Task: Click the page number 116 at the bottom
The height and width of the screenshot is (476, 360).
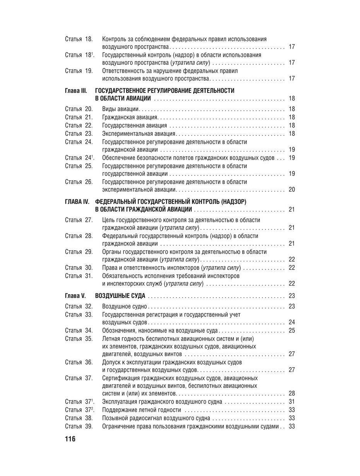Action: pyautogui.click(x=70, y=439)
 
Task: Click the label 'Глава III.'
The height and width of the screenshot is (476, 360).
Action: pyautogui.click(x=76, y=91)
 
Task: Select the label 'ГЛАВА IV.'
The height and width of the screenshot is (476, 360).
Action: pyautogui.click(x=77, y=202)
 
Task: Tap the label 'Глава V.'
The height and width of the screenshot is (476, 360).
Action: pyautogui.click(x=75, y=296)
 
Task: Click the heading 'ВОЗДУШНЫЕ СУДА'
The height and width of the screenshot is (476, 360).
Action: pyautogui.click(x=120, y=296)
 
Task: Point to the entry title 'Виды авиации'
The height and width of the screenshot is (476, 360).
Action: pyautogui.click(x=120, y=109)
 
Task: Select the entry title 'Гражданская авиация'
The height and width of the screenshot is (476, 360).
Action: pyautogui.click(x=130, y=117)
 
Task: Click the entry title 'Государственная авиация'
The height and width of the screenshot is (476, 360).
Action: pyautogui.click(x=134, y=125)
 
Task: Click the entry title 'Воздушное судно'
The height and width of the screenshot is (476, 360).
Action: pyautogui.click(x=124, y=306)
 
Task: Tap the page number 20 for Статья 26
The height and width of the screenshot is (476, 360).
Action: pyautogui.click(x=292, y=190)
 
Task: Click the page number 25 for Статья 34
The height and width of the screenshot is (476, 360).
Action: pyautogui.click(x=292, y=331)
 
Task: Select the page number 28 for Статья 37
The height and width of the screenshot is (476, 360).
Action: pyautogui.click(x=292, y=394)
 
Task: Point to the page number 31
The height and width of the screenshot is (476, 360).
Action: pyautogui.click(x=292, y=402)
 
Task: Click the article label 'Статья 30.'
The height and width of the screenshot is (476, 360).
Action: pyautogui.click(x=79, y=268)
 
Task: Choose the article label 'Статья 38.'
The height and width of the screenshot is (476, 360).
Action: pyautogui.click(x=79, y=418)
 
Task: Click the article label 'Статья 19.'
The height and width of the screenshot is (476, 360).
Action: pyautogui.click(x=79, y=71)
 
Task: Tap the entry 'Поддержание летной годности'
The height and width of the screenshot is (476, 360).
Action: pyautogui.click(x=141, y=410)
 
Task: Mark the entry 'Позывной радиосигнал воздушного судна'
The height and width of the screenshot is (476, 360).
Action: pyautogui.click(x=156, y=418)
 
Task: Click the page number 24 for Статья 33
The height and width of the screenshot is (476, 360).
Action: pyautogui.click(x=292, y=322)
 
